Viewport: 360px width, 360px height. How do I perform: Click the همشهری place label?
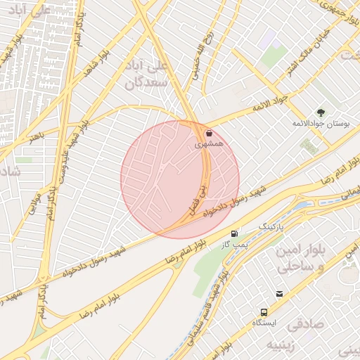tap(209, 143)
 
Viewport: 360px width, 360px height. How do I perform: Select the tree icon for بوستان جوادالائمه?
tap(321, 112)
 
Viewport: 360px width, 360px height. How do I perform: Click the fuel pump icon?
tap(233, 233)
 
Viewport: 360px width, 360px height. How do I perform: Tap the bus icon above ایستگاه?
tap(264, 311)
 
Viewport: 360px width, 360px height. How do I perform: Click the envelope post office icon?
tap(281, 294)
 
